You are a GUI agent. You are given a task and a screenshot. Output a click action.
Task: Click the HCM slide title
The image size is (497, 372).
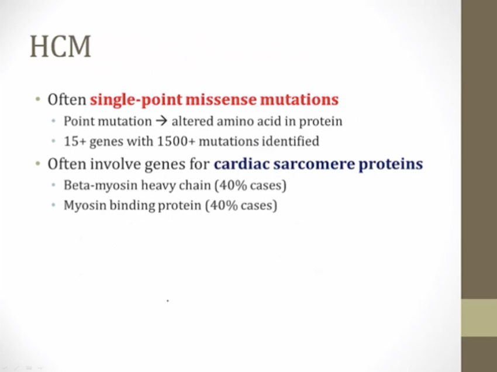(x=61, y=46)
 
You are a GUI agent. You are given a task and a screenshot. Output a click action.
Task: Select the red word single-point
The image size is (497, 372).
(x=136, y=100)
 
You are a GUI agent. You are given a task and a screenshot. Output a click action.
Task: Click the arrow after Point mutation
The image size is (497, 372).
(x=161, y=121)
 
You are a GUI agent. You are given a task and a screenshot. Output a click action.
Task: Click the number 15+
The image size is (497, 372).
(x=75, y=141)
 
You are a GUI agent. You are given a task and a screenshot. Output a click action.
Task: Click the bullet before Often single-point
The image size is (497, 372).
(x=38, y=99)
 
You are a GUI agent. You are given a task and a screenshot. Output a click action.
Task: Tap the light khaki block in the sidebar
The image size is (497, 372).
(x=479, y=318)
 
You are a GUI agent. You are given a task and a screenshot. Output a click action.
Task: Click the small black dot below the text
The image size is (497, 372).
(x=168, y=300)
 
